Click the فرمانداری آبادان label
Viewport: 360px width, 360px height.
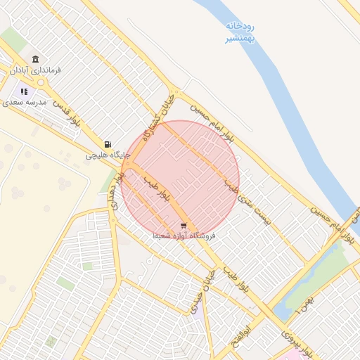point(36,70)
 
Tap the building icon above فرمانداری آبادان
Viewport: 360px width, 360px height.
point(36,59)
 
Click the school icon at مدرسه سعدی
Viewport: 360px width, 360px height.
point(24,91)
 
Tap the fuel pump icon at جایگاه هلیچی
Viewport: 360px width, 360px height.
point(107,143)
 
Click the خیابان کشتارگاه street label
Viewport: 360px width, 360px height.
point(157,120)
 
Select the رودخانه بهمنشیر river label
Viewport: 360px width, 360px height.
point(240,32)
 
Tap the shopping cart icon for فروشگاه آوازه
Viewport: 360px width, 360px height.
point(184,226)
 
